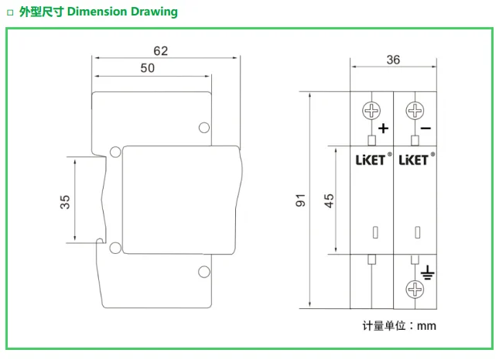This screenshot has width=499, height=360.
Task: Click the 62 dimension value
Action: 160,51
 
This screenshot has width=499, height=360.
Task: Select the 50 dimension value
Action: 147,68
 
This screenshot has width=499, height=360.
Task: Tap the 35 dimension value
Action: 65,202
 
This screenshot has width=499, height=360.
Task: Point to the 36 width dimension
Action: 393,60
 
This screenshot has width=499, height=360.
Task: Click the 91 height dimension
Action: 300,200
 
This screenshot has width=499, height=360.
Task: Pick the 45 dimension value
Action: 329,201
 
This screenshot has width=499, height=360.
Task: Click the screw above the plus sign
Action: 371,111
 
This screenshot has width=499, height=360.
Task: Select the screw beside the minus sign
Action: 415,111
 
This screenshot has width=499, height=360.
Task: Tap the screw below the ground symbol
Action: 415,290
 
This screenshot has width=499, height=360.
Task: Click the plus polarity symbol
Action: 384,129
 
